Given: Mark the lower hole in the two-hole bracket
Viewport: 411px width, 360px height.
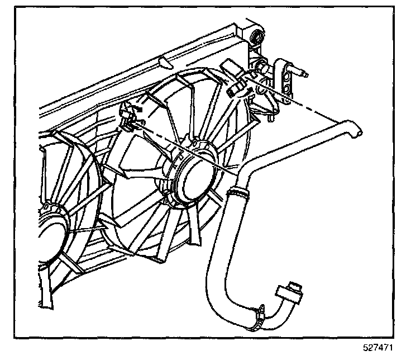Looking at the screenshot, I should (x=288, y=83).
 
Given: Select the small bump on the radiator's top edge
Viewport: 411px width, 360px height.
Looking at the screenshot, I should (x=160, y=59).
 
